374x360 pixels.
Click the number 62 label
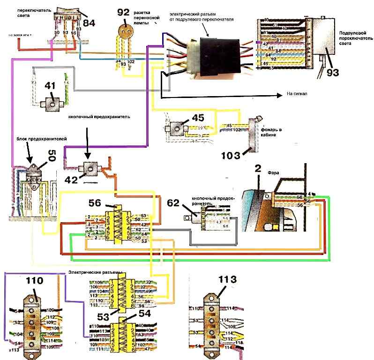point(173,202)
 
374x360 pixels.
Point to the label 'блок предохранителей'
point(29,140)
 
